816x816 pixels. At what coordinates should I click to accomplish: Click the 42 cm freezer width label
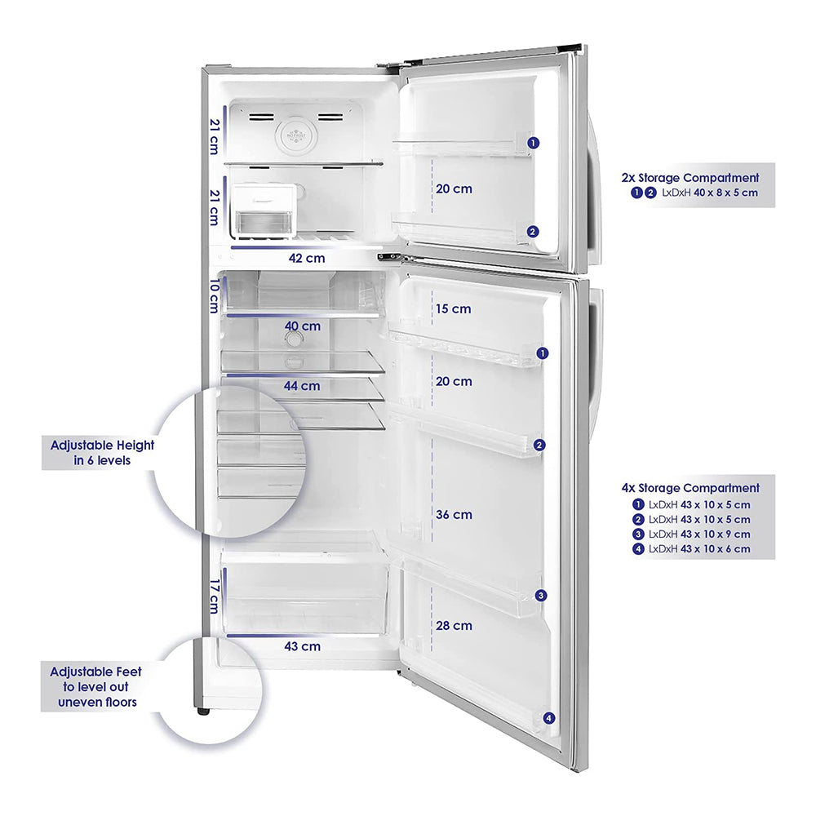coord(307,258)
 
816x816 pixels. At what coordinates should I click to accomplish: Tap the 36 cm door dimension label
coord(454,515)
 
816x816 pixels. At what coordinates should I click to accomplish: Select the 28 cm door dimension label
coord(454,626)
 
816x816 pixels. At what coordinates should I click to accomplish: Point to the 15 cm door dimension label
coord(454,309)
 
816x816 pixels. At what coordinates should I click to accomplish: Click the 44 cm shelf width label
coord(302,386)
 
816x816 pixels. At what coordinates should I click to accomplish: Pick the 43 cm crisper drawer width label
coord(302,646)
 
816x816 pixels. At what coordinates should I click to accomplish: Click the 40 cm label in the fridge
coord(302,326)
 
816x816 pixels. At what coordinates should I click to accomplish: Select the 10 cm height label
coord(214,296)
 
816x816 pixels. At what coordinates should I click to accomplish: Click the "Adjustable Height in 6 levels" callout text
coord(102,453)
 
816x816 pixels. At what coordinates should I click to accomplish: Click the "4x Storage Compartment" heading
coord(690,488)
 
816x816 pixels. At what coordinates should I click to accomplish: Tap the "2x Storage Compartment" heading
coord(699,177)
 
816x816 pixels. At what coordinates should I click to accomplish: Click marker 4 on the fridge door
coord(548,718)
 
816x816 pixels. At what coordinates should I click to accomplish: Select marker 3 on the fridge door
coord(540,596)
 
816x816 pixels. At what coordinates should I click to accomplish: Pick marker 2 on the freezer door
coord(532,232)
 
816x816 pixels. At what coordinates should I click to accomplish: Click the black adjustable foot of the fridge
coord(203,712)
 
